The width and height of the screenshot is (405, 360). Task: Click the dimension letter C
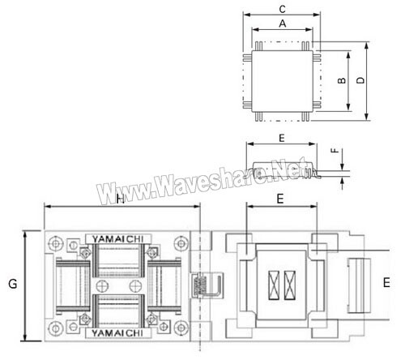(x=282, y=9)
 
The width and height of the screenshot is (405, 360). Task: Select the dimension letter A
(x=283, y=24)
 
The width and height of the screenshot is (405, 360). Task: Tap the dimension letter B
(x=342, y=80)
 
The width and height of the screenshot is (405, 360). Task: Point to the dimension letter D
(x=360, y=80)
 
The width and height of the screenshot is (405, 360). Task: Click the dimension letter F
(x=335, y=150)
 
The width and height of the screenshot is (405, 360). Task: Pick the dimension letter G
(x=13, y=284)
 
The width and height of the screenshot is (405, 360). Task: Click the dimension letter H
(x=121, y=199)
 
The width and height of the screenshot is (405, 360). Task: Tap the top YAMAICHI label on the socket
(x=117, y=239)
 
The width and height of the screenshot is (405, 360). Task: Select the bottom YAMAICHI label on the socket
(x=117, y=333)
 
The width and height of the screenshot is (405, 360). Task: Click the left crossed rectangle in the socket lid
(x=274, y=285)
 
